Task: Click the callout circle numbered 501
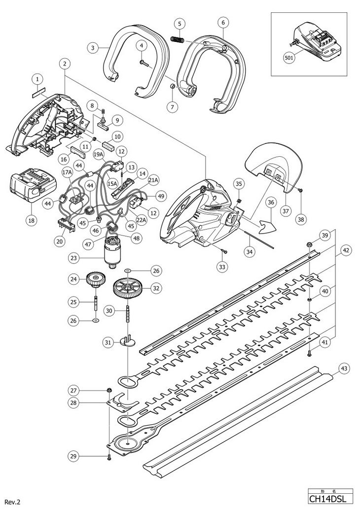click(x=288, y=58)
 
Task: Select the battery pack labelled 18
click(x=28, y=189)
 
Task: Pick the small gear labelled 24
click(x=95, y=280)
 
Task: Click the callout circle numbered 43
click(x=344, y=369)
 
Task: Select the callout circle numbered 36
click(x=272, y=203)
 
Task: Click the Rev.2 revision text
click(x=13, y=502)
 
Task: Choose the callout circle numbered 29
click(x=73, y=457)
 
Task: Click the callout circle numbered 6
click(x=223, y=23)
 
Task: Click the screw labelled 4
click(x=145, y=64)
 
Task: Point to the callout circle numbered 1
click(x=37, y=79)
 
